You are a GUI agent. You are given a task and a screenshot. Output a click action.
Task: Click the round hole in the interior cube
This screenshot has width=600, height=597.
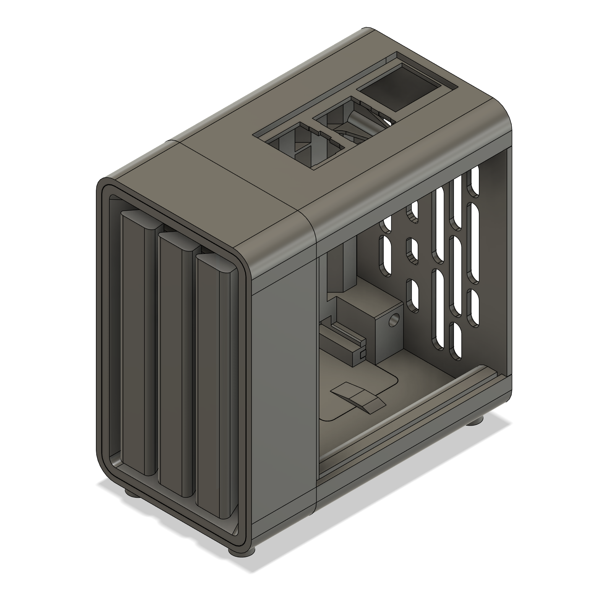[x=393, y=321]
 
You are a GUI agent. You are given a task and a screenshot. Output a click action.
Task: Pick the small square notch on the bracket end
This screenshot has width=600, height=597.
[x=361, y=355]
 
